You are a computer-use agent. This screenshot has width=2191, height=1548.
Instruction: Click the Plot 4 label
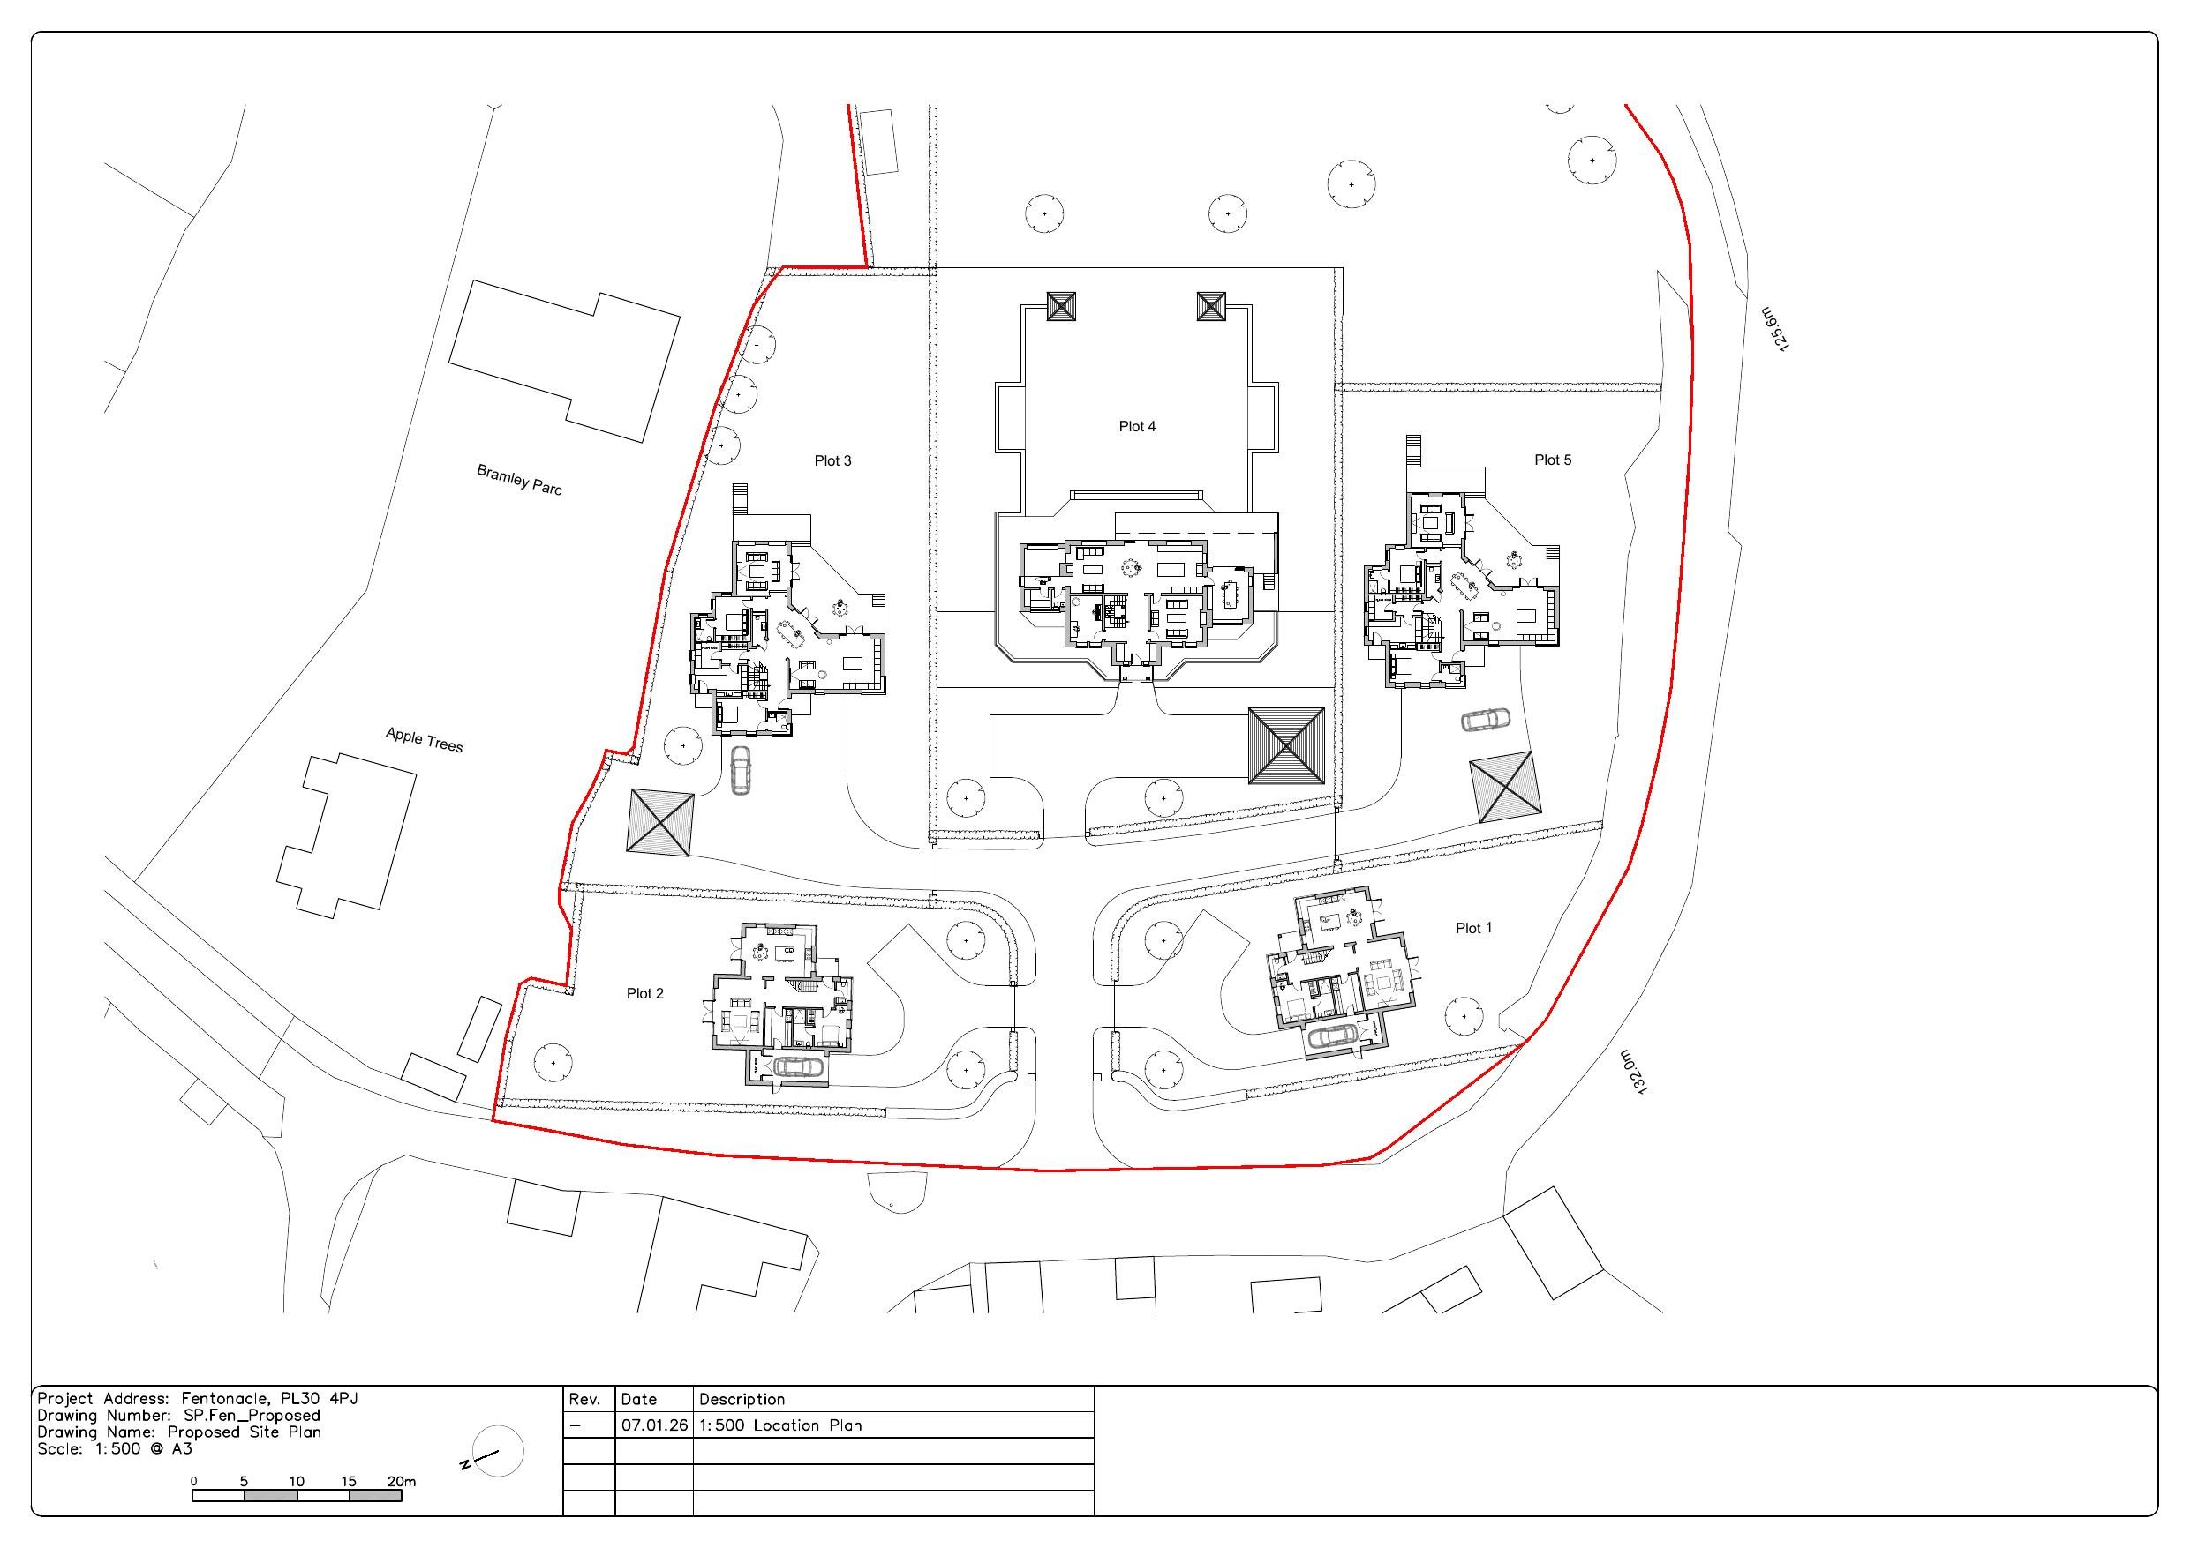pyautogui.click(x=1136, y=426)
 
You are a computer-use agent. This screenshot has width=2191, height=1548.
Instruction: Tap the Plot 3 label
pyautogui.click(x=832, y=460)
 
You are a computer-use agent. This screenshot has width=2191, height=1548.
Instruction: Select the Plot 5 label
pyautogui.click(x=1553, y=460)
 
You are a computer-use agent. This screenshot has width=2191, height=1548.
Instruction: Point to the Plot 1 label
pyautogui.click(x=1473, y=928)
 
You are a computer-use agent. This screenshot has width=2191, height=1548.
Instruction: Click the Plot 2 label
pyautogui.click(x=645, y=994)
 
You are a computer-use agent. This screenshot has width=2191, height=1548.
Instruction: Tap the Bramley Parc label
pyautogui.click(x=519, y=480)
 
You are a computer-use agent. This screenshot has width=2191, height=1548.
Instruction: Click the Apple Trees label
pyautogui.click(x=424, y=740)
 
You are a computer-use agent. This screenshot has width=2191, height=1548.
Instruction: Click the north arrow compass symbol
pyautogui.click(x=497, y=1453)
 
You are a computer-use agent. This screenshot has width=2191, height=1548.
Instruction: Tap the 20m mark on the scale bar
pyautogui.click(x=402, y=1481)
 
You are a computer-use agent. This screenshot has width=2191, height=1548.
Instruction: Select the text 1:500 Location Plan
pyautogui.click(x=780, y=1426)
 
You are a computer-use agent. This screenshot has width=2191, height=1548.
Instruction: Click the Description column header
pyautogui.click(x=742, y=1399)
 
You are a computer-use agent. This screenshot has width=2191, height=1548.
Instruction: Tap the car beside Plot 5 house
pyautogui.click(x=1486, y=720)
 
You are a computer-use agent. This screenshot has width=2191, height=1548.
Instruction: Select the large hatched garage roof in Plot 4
pyautogui.click(x=1287, y=746)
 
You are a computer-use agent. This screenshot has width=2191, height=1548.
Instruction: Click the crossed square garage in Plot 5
pyautogui.click(x=1507, y=787)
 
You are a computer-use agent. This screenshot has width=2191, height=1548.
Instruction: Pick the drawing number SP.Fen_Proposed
pyautogui.click(x=252, y=1416)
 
